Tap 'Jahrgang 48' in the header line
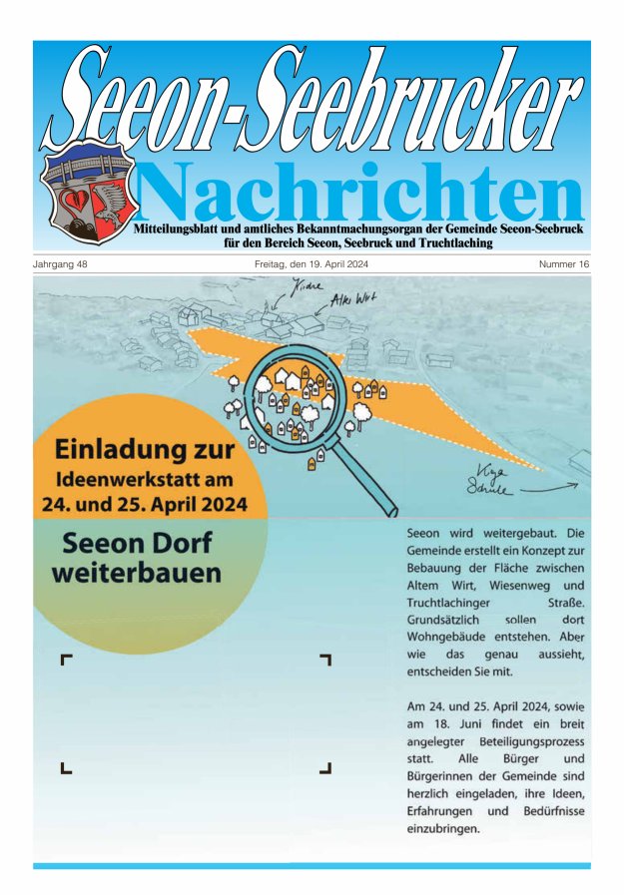tap(61, 264)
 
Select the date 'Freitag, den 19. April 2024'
tap(312, 264)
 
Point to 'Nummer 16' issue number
tap(564, 264)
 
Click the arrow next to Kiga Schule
tap(549, 488)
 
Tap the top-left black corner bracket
tap(67, 660)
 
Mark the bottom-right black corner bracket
tap(324, 767)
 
